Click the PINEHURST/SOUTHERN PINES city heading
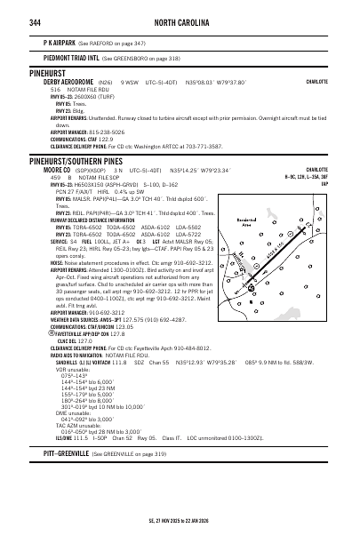coord(74,162)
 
